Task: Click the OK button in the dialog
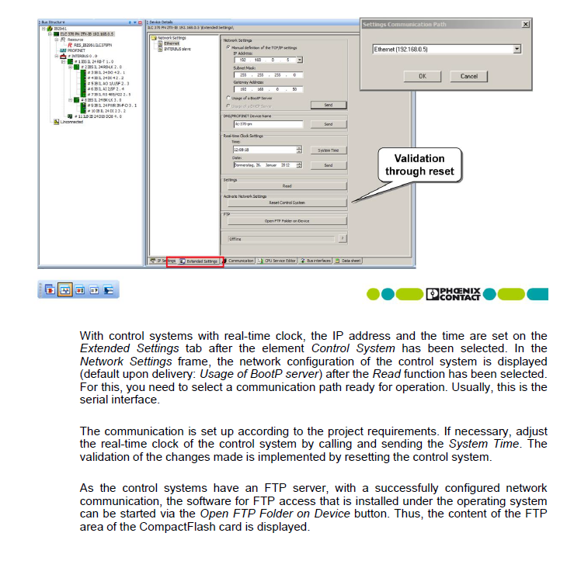coord(422,76)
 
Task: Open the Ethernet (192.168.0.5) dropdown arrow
coord(517,50)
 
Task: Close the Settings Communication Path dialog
coord(526,24)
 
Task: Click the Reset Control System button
coord(287,202)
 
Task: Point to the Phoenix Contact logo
coord(457,294)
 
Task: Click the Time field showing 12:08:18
coord(264,150)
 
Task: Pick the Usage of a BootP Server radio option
coord(228,98)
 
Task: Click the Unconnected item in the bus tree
coord(71,122)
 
